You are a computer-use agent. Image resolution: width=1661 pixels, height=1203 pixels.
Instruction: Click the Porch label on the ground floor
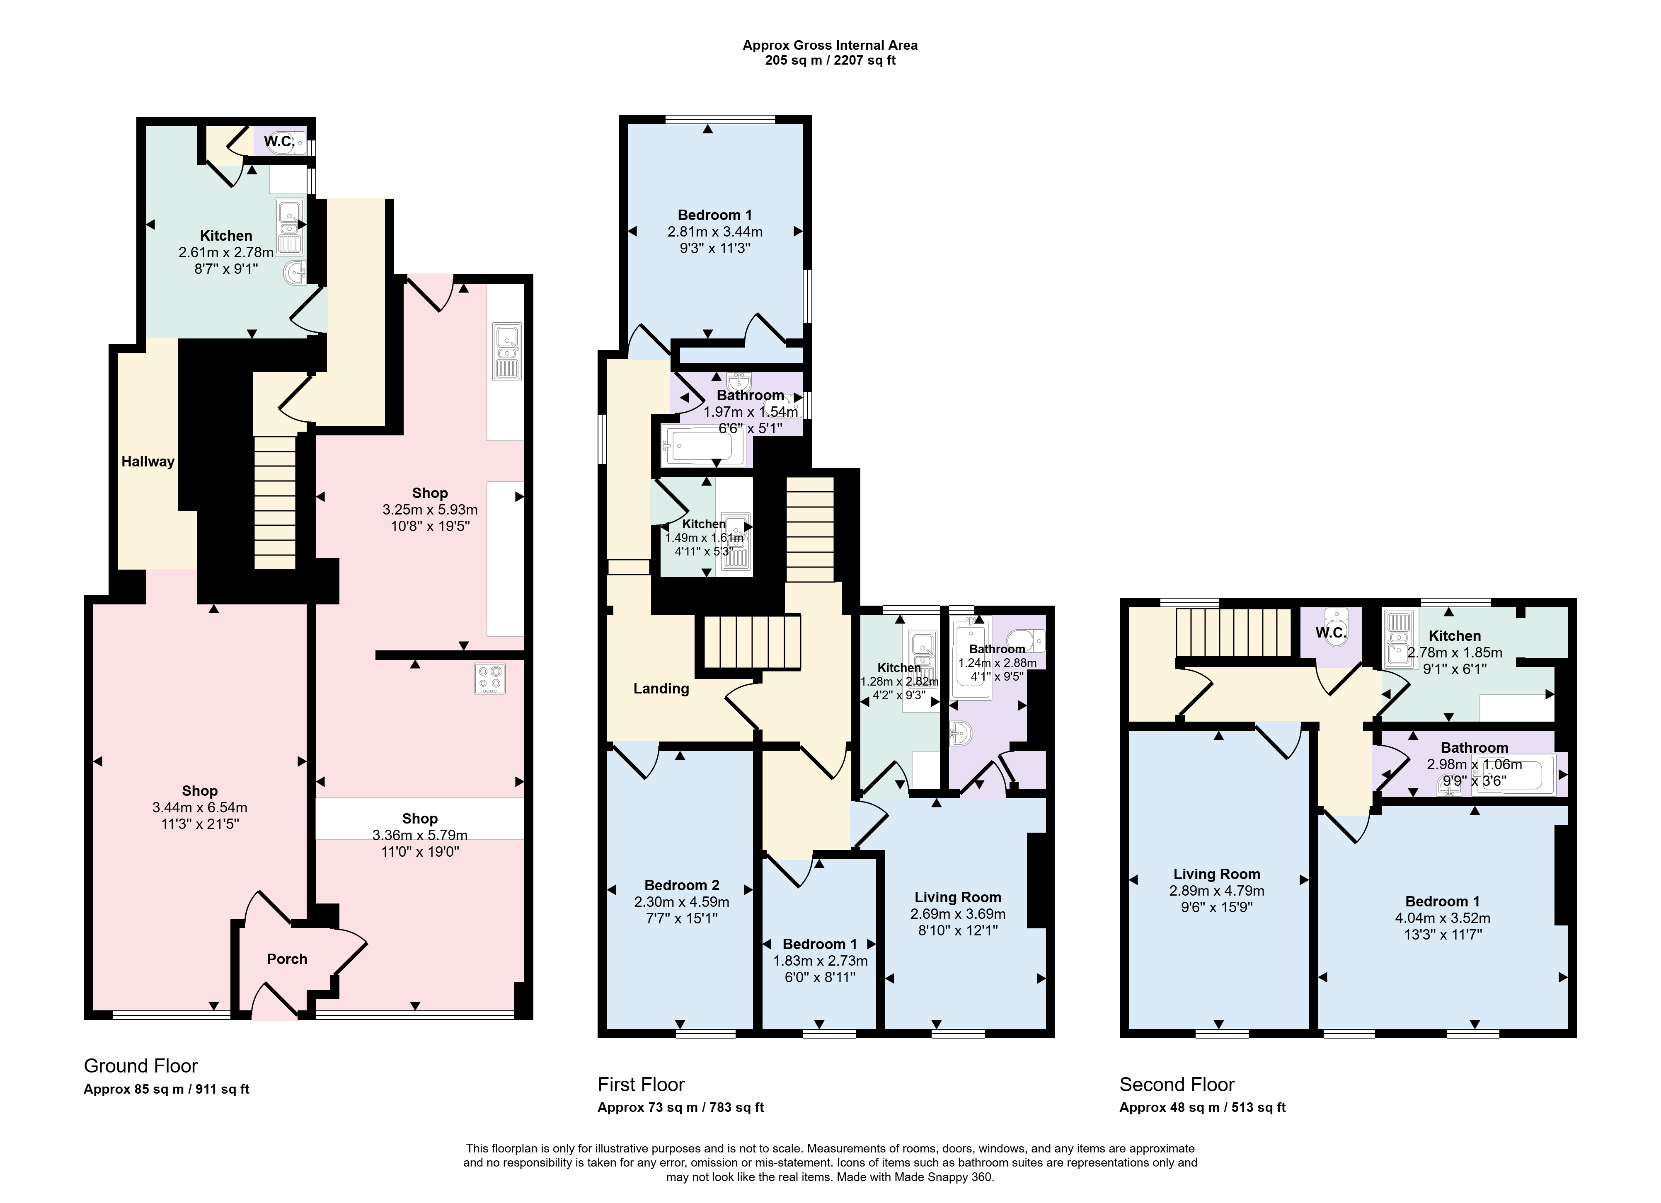click(287, 959)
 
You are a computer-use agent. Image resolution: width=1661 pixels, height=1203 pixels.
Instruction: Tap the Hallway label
click(148, 461)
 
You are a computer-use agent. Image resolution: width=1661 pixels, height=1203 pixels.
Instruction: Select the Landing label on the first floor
click(661, 688)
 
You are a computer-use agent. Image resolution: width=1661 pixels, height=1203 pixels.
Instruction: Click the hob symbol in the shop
click(489, 678)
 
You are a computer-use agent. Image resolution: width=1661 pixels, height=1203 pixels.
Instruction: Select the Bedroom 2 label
click(682, 885)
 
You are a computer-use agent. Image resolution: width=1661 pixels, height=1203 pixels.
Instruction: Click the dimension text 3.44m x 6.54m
click(200, 808)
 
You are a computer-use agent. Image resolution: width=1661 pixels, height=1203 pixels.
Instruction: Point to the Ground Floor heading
click(140, 1065)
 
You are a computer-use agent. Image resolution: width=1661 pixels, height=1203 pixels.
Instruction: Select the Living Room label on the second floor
click(1216, 874)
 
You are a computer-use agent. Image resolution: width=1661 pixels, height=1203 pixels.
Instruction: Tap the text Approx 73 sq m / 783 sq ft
click(680, 1107)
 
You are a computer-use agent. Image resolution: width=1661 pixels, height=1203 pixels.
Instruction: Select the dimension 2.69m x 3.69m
click(958, 914)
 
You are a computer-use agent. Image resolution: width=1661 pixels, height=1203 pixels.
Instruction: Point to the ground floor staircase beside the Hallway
click(275, 502)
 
